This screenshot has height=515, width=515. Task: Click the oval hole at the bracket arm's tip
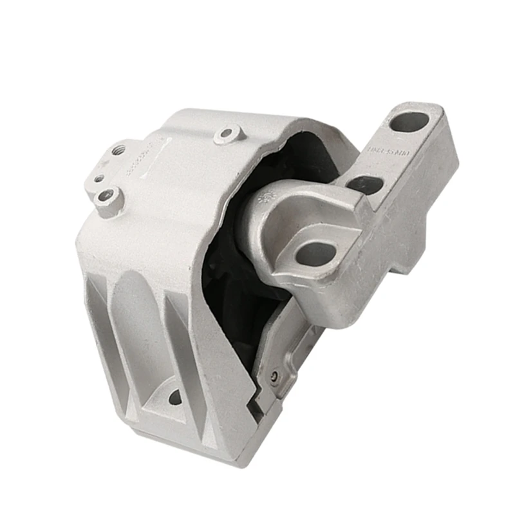pos(409,121)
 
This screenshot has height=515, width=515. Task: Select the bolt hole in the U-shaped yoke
pos(315,253)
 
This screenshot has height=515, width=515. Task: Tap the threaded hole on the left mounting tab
pos(118,150)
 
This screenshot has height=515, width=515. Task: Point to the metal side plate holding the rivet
pos(283,354)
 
